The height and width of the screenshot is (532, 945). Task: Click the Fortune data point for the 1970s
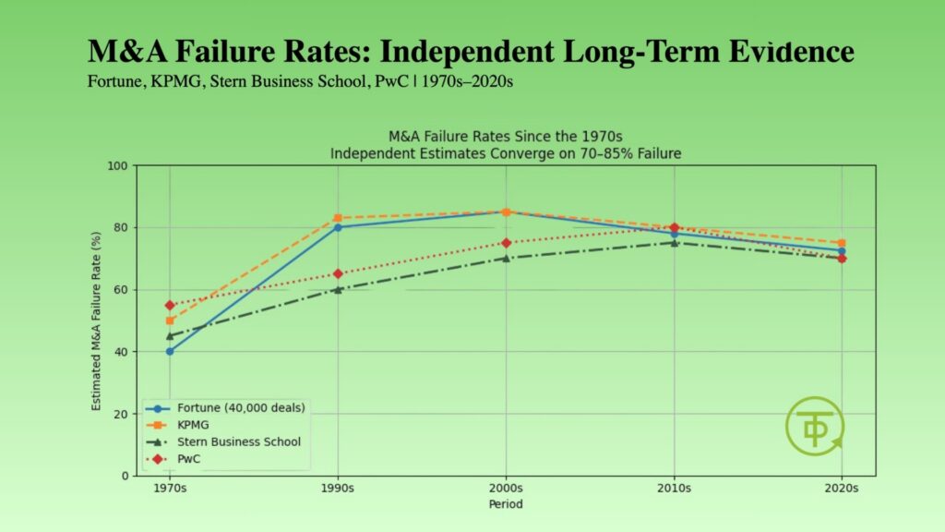pyautogui.click(x=170, y=351)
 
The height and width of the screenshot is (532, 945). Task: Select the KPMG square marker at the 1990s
pyautogui.click(x=338, y=218)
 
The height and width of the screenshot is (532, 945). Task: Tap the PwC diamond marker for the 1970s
pyautogui.click(x=170, y=305)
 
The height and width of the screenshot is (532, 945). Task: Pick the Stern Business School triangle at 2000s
pyautogui.click(x=506, y=258)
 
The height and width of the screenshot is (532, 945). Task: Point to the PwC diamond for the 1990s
pyautogui.click(x=338, y=273)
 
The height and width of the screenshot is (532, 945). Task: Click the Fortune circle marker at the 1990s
pyautogui.click(x=338, y=227)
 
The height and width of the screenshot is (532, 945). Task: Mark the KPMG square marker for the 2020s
pyautogui.click(x=842, y=243)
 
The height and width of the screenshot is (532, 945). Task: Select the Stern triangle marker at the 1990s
pyautogui.click(x=338, y=289)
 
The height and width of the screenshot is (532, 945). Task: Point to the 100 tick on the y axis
pyautogui.click(x=117, y=166)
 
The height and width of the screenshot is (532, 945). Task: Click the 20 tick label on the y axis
pyautogui.click(x=120, y=414)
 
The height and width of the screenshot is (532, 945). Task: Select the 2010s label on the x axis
pyautogui.click(x=674, y=489)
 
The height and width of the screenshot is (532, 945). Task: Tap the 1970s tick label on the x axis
pyautogui.click(x=170, y=489)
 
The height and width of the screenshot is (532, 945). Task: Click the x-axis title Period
pyautogui.click(x=506, y=504)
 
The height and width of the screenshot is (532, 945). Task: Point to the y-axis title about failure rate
pyautogui.click(x=97, y=320)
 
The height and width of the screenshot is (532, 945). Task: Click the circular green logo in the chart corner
pyautogui.click(x=814, y=427)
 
